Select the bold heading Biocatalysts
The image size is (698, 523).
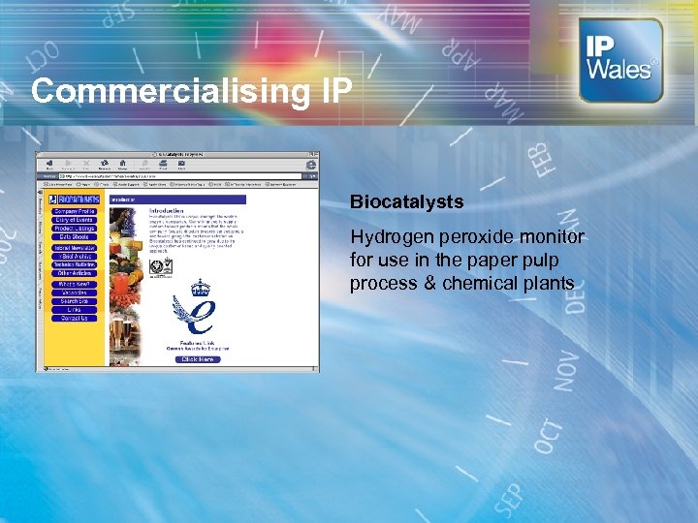406,203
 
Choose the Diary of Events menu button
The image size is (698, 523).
75,220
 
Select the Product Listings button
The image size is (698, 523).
75,229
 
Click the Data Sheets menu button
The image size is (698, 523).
75,237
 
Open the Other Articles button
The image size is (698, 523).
75,273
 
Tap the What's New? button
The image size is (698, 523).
75,283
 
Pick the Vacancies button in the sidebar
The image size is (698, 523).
75,292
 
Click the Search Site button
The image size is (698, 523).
75,301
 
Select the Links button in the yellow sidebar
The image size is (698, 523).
75,310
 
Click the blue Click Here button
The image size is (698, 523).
198,359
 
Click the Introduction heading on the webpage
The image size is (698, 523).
167,210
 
